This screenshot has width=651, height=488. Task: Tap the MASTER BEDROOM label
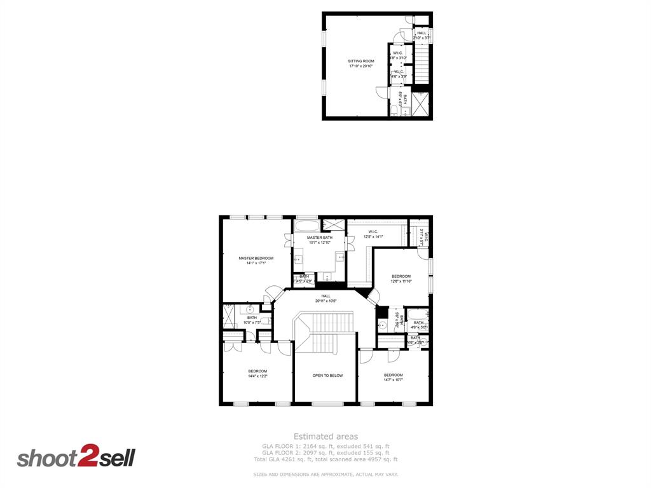[x=256, y=258]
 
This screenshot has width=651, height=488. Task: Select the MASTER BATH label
[x=319, y=238]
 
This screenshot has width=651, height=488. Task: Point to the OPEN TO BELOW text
[x=327, y=376]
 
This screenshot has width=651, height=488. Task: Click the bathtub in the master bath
[x=307, y=226]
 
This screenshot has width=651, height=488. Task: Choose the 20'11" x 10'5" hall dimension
[x=325, y=301]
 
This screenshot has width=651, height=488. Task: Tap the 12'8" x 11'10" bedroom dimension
[x=401, y=281]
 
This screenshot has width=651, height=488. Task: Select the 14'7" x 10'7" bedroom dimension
[x=393, y=380]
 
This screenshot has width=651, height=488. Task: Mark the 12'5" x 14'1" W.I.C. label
[x=373, y=237]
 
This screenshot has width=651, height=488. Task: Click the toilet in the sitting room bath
[x=394, y=112]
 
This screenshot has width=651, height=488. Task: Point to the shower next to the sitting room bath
[x=420, y=105]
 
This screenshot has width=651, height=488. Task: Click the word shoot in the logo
[x=46, y=458]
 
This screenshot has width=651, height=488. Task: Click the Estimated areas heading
[x=325, y=437]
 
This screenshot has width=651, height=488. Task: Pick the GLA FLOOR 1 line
[x=325, y=446]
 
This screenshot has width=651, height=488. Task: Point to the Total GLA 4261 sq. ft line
[x=325, y=459]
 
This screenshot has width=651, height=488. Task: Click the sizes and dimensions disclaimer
[x=325, y=475]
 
